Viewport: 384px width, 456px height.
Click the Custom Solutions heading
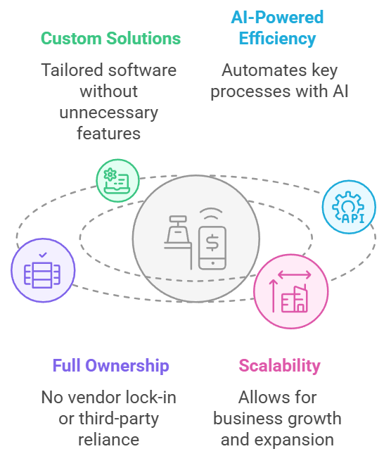(110, 39)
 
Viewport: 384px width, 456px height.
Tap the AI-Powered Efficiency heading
(277, 28)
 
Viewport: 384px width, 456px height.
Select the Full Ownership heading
(110, 365)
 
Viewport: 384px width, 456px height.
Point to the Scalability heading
(279, 365)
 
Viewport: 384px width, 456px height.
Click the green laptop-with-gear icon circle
(117, 181)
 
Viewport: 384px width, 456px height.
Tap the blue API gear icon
(349, 207)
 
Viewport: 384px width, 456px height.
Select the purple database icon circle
(43, 270)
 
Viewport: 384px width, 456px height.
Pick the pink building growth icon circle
(291, 292)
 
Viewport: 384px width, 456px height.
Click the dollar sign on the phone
(212, 242)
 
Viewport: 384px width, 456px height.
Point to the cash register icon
(178, 242)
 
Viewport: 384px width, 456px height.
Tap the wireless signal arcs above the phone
(211, 214)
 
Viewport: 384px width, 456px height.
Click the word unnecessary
(109, 113)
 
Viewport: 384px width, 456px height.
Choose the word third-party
(119, 419)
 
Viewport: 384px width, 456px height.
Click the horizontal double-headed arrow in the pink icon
(295, 274)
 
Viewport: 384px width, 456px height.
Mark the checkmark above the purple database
(43, 255)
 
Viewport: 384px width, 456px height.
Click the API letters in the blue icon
(353, 218)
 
